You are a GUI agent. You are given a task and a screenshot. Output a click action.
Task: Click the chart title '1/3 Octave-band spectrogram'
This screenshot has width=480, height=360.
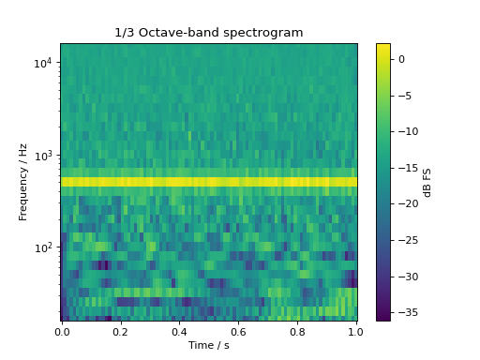pos(208,33)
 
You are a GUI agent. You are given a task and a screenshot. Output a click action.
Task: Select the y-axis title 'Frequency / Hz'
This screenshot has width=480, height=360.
pos(23,182)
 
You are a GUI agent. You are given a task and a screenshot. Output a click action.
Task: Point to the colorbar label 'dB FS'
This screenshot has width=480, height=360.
pos(427,182)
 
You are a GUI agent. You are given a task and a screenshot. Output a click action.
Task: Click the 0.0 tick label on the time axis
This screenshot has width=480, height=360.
pos(62,330)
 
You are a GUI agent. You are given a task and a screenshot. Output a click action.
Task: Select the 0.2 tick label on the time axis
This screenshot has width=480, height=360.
pos(121,330)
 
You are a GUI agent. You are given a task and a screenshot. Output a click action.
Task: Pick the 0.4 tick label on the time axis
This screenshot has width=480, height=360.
pos(180,330)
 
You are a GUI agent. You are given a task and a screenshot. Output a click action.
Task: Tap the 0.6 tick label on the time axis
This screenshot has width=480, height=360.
pos(239,330)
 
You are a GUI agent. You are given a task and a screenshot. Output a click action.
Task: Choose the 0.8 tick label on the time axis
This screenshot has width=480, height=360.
pos(298,330)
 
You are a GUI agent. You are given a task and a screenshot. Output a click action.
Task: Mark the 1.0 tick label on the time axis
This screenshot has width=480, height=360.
pos(356,330)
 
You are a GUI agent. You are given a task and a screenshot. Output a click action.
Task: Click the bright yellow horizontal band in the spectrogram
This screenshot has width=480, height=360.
pos(209,182)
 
